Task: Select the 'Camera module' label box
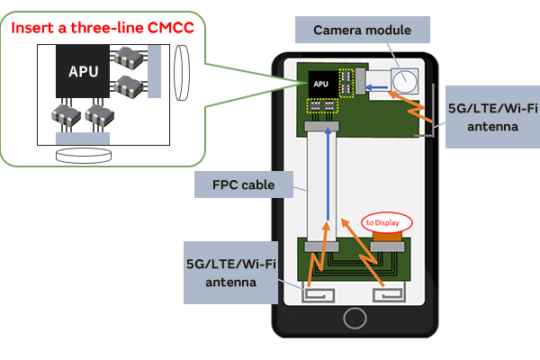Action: (362, 31)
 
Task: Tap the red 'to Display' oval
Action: (387, 221)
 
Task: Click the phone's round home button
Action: (354, 319)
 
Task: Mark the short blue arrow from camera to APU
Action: (379, 88)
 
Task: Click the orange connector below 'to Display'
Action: (388, 238)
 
